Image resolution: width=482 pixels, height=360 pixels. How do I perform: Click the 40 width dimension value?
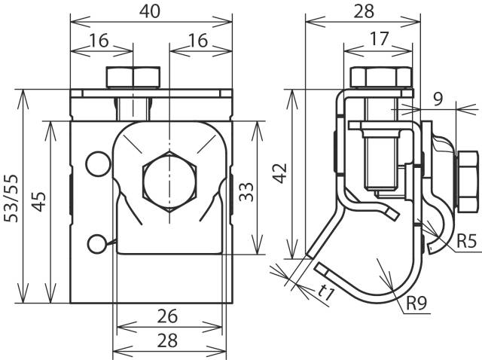(x=149, y=11)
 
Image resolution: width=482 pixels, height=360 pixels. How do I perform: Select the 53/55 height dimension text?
(x=11, y=197)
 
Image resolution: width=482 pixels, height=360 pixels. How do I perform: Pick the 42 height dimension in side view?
(x=280, y=174)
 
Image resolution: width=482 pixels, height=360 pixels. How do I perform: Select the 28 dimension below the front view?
(x=169, y=340)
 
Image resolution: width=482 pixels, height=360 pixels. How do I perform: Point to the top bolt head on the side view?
(x=383, y=78)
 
